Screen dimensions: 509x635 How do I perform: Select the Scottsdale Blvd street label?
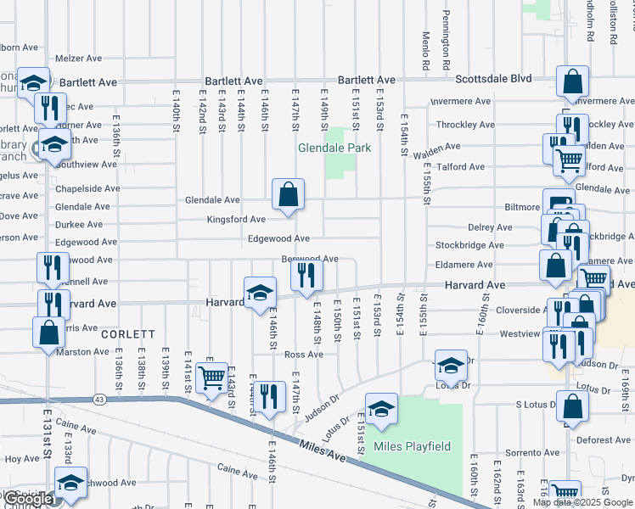click(x=493, y=79)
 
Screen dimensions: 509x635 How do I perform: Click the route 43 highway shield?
click(x=100, y=399)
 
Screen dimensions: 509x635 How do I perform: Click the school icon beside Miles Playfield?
click(x=382, y=408)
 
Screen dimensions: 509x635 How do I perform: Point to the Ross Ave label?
click(x=303, y=355)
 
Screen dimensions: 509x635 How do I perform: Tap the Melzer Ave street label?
click(x=78, y=59)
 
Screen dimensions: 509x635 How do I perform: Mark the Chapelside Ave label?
click(x=87, y=188)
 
